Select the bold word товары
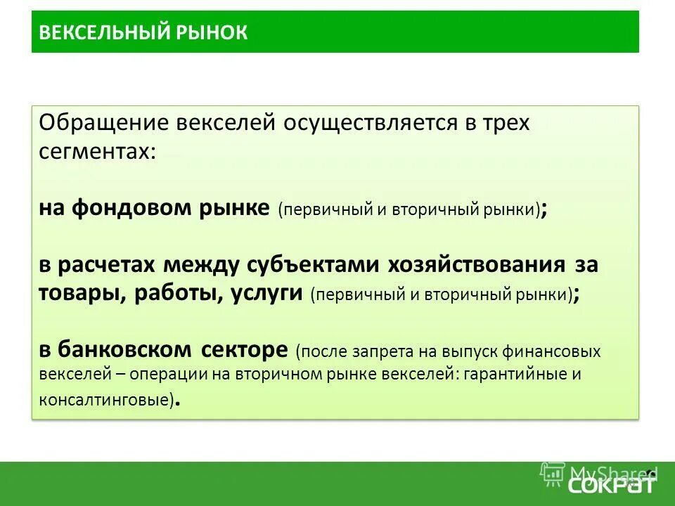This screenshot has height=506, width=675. tap(82, 293)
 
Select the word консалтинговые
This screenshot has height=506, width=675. tap(103, 399)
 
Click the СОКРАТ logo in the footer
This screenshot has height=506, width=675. tap(611, 484)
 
